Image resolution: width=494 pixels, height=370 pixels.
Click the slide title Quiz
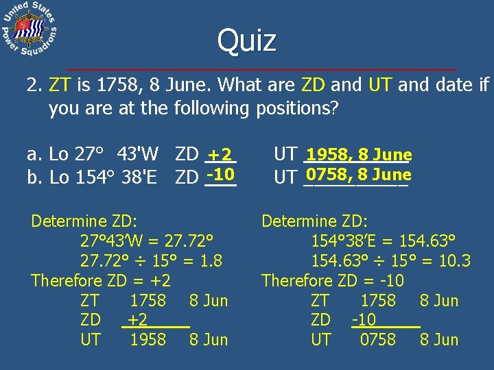(x=247, y=40)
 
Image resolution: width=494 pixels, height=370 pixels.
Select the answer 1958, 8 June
(x=359, y=155)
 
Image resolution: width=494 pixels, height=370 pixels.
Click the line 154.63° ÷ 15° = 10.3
(x=390, y=260)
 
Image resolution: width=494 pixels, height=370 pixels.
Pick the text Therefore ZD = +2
(x=101, y=280)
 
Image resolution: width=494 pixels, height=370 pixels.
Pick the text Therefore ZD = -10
(x=333, y=280)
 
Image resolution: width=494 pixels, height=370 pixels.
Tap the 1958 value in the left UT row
(x=148, y=339)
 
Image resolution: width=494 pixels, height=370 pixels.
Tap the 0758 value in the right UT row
(x=377, y=339)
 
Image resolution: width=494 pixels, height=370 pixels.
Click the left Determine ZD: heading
(x=84, y=221)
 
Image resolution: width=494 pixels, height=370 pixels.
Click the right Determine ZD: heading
(x=315, y=221)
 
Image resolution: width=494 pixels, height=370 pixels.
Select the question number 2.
(x=34, y=86)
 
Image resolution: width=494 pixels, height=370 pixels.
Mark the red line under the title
(x=261, y=70)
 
